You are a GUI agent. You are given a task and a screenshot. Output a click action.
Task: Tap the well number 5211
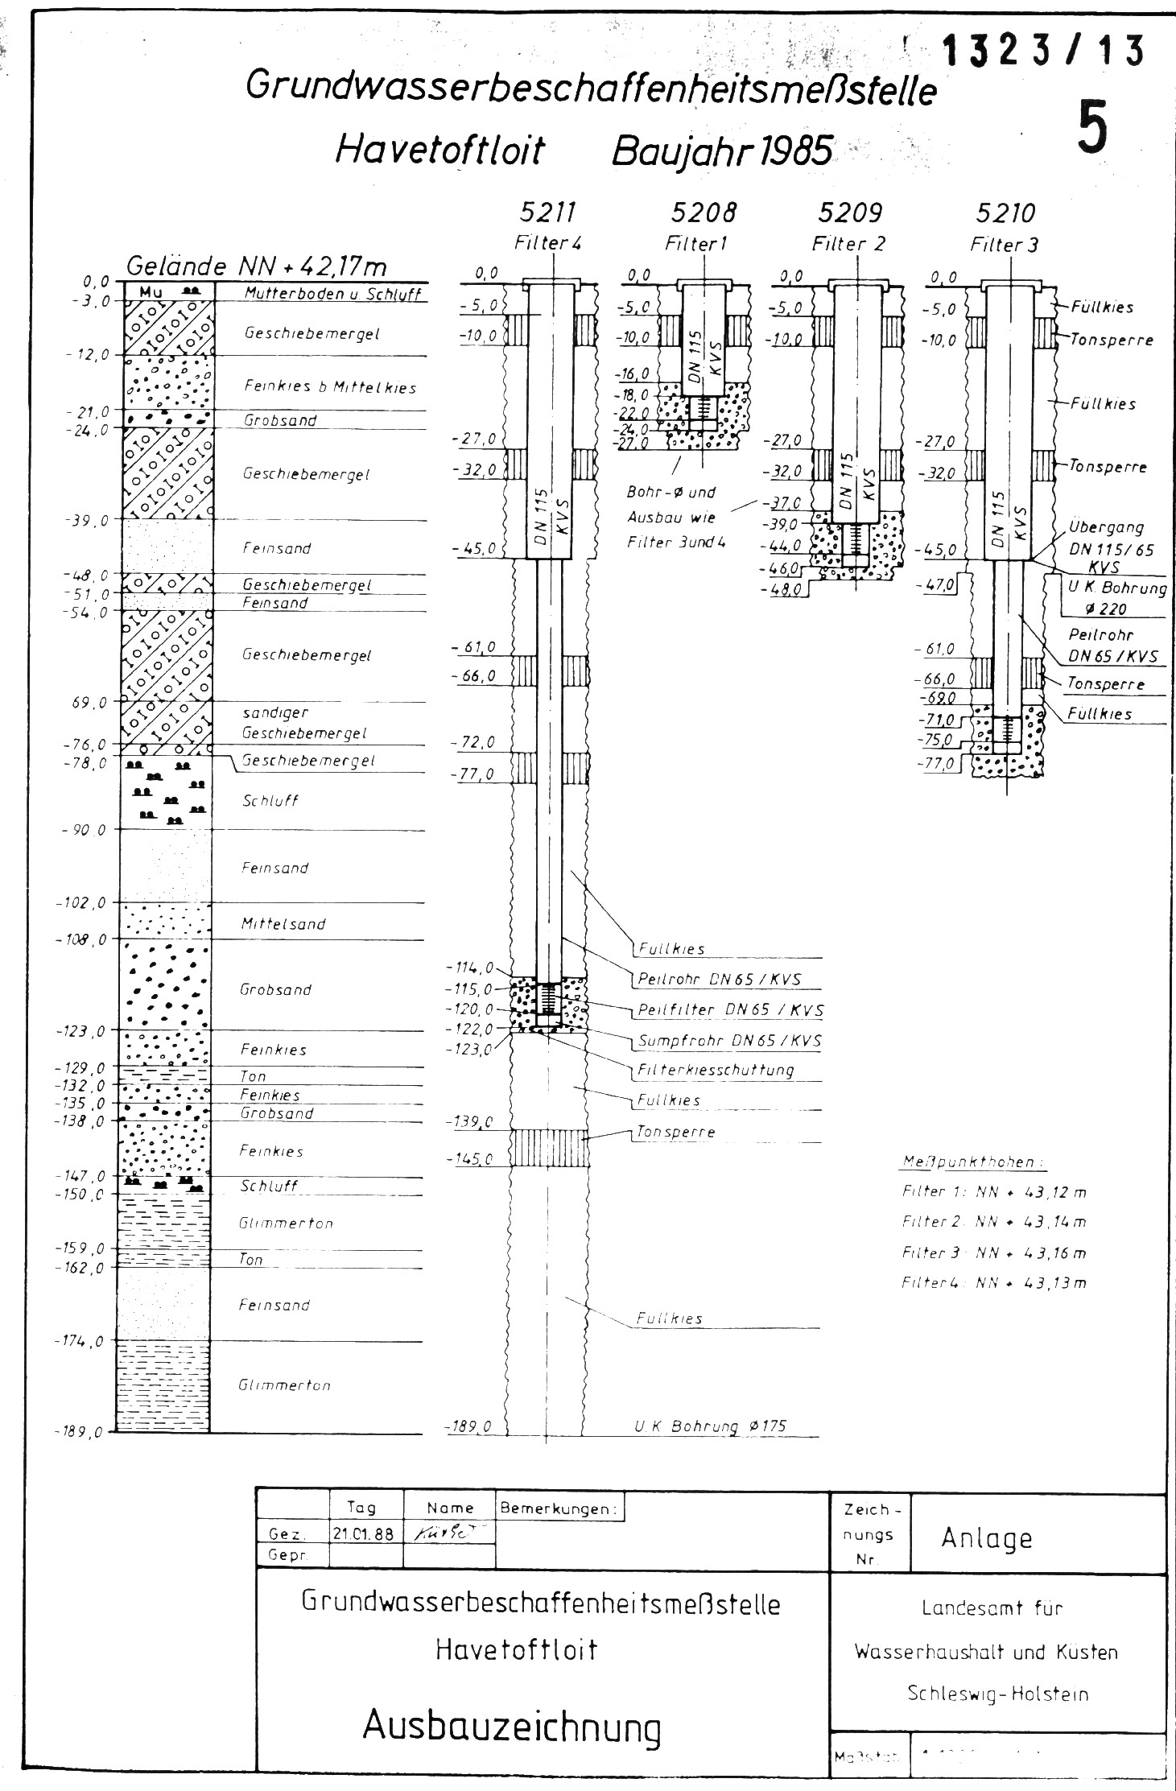click(x=548, y=213)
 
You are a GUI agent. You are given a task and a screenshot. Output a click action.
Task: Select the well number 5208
click(x=704, y=213)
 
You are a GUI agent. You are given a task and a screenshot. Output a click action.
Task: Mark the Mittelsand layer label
click(x=283, y=924)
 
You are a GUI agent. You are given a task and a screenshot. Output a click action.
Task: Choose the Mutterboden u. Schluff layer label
click(x=333, y=294)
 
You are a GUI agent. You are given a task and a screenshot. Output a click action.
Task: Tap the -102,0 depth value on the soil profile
click(x=80, y=903)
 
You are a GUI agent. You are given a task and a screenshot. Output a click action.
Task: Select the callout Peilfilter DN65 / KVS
click(x=730, y=1009)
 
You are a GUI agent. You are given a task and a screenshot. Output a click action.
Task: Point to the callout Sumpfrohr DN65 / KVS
click(x=729, y=1041)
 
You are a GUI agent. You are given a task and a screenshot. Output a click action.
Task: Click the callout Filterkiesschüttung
click(x=716, y=1070)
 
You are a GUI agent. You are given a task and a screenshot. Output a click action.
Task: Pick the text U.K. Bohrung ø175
click(x=710, y=1426)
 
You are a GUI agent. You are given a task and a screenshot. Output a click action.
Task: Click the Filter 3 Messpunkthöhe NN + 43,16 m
click(x=994, y=1253)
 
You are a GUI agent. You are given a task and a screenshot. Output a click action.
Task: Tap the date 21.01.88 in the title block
click(x=362, y=1534)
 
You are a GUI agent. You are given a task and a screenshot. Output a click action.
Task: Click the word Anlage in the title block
click(x=986, y=1538)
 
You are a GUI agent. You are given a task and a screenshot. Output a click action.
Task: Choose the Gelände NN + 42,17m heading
click(x=257, y=266)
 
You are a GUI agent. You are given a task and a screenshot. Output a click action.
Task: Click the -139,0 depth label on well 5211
click(x=472, y=1121)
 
